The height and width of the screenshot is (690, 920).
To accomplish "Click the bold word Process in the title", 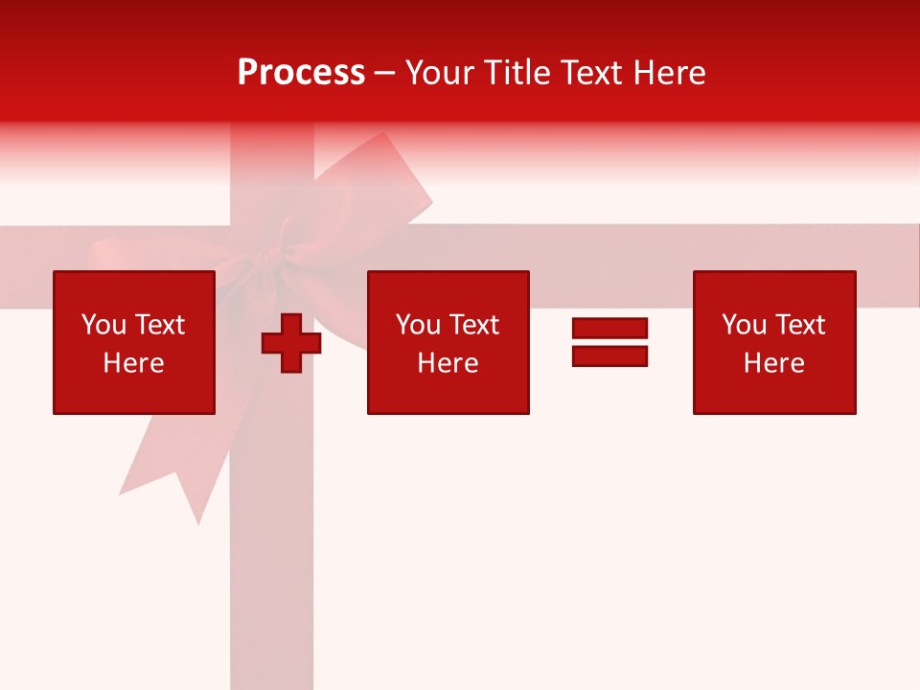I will tap(301, 73).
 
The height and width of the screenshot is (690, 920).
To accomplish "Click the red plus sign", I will tap(291, 343).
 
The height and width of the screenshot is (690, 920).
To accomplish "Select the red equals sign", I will tap(609, 342).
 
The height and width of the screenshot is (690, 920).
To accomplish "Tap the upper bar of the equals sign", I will tap(609, 329).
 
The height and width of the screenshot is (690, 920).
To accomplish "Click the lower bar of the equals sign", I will tap(609, 356).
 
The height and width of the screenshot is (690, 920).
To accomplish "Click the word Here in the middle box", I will tap(448, 363).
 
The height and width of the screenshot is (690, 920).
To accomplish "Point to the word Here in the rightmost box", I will tap(774, 363).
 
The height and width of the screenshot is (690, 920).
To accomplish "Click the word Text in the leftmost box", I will tap(159, 325).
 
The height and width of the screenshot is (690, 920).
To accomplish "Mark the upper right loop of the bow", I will tap(379, 182).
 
